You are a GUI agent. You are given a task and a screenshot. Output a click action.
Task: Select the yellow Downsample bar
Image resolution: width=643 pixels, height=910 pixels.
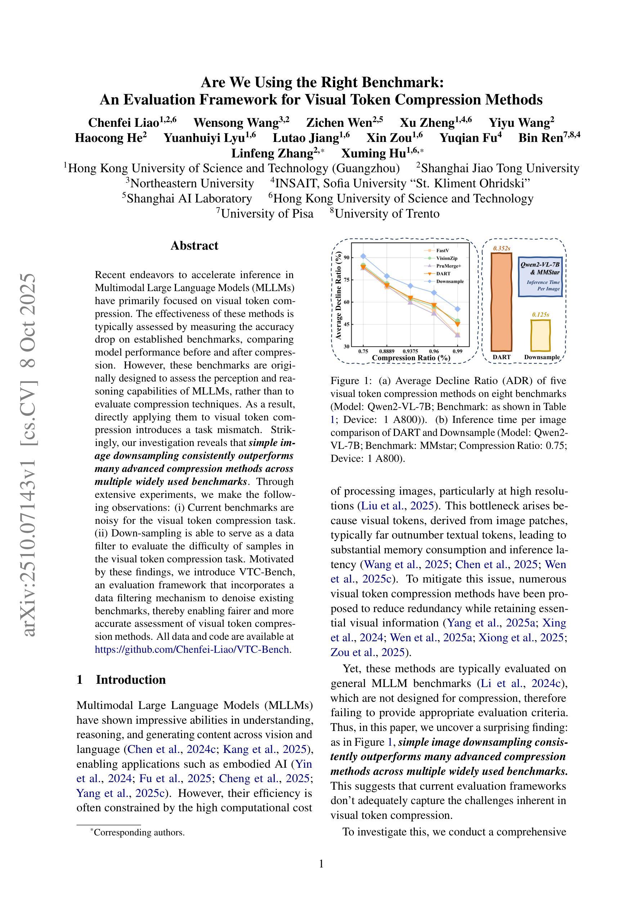pos(540,335)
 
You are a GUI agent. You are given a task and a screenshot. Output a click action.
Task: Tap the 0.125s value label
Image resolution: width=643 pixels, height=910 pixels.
pos(540,315)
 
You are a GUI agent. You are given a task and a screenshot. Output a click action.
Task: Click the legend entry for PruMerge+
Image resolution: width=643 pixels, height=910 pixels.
pos(449,266)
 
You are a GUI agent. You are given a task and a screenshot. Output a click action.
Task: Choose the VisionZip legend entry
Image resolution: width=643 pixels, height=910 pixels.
pos(446,258)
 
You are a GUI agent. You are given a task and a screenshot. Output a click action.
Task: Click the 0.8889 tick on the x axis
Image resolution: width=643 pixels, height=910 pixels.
pos(386,351)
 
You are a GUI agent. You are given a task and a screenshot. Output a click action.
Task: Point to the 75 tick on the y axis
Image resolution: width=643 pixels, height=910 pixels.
pos(347,280)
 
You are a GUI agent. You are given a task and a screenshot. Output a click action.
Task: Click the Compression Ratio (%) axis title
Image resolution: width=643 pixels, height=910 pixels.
pos(411,357)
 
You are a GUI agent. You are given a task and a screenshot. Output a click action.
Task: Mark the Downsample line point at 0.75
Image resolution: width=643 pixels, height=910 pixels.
pos(363,257)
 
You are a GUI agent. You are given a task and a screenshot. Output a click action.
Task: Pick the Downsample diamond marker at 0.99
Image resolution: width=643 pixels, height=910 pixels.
pos(458,309)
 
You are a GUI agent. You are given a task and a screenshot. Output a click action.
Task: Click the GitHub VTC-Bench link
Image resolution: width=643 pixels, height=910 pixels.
pos(192,650)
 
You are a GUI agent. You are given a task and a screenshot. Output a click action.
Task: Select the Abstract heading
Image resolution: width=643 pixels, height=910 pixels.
pos(194,246)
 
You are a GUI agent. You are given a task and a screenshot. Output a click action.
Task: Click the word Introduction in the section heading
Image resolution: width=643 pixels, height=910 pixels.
pos(131,679)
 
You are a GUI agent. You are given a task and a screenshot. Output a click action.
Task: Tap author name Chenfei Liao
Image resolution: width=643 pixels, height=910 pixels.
pos(123,123)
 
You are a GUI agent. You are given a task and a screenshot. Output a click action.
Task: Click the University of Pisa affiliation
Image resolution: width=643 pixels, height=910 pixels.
pos(267,214)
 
